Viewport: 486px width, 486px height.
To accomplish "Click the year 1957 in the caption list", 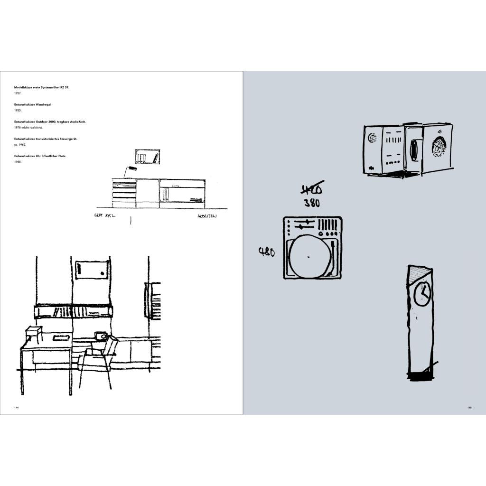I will coord(18,93).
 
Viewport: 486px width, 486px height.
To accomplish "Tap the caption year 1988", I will coord(18,162).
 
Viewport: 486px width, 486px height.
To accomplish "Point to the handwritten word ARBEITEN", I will coord(207,216).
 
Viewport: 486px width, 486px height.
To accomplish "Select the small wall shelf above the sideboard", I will coord(148,156).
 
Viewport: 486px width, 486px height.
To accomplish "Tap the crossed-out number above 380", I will coord(312,189).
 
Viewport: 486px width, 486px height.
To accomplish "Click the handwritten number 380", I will coord(312,203).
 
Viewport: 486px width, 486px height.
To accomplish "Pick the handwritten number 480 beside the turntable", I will coord(266,252).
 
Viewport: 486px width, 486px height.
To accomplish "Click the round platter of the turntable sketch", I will coord(309,257).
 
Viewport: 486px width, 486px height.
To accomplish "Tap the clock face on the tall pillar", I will coord(421,294).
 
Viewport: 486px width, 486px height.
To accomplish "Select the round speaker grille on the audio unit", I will coord(439,147).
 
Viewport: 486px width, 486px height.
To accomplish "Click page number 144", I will coord(16,407).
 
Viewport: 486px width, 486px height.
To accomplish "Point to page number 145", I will coord(469,407).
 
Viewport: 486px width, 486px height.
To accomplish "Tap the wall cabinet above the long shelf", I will coord(92,270).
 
